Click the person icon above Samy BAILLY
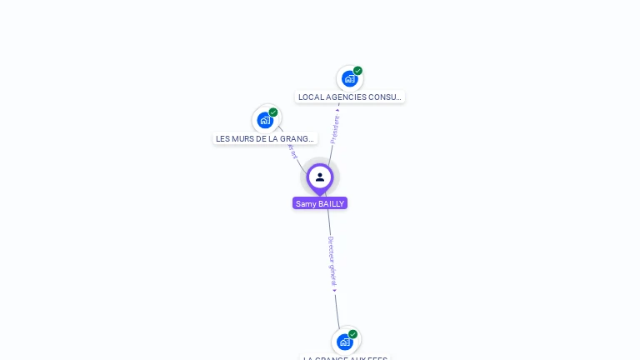320,177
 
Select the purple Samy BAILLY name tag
320,203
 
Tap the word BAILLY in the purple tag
331,203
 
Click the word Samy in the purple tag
306,203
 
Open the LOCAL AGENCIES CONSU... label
350,97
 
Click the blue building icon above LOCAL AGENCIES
349,78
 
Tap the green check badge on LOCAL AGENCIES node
357,71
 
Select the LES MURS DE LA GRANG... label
265,139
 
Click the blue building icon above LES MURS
265,120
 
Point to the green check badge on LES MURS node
273,112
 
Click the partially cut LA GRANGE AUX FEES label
345,357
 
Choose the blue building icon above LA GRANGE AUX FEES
344,342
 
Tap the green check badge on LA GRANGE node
352,334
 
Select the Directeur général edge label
332,260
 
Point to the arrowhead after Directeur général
335,291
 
